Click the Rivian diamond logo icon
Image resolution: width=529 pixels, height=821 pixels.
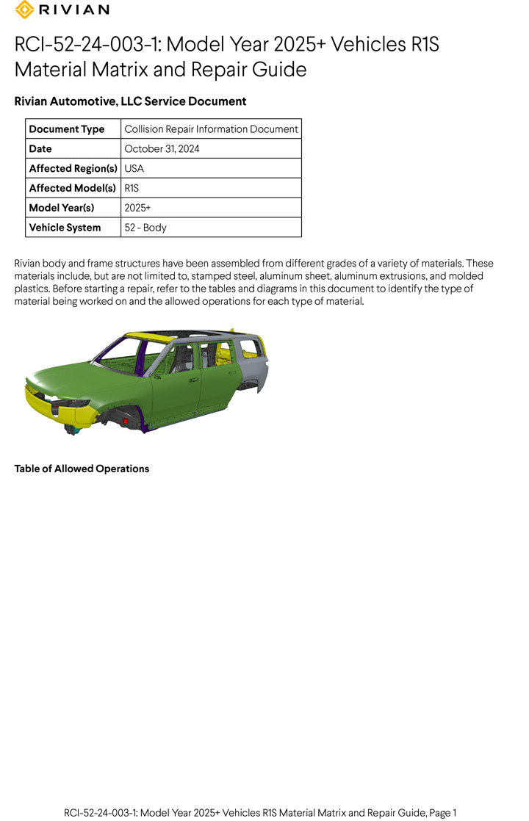point(24,10)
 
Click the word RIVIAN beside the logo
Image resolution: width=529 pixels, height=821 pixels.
point(73,10)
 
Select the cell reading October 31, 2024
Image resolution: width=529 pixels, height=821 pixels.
point(162,149)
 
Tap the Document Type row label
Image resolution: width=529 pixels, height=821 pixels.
point(67,129)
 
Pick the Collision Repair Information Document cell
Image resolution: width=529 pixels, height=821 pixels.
point(211,129)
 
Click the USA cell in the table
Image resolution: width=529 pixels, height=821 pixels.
point(134,168)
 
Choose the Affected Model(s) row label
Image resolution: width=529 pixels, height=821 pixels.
point(72,188)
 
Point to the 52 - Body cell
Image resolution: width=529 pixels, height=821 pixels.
point(145,228)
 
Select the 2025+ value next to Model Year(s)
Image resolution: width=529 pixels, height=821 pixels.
point(137,208)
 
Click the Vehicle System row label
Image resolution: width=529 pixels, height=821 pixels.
point(65,228)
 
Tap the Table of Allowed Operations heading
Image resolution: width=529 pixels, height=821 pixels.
point(82,469)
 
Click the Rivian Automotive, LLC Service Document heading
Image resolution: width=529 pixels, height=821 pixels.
point(130,101)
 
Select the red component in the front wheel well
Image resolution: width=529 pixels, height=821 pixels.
point(126,422)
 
